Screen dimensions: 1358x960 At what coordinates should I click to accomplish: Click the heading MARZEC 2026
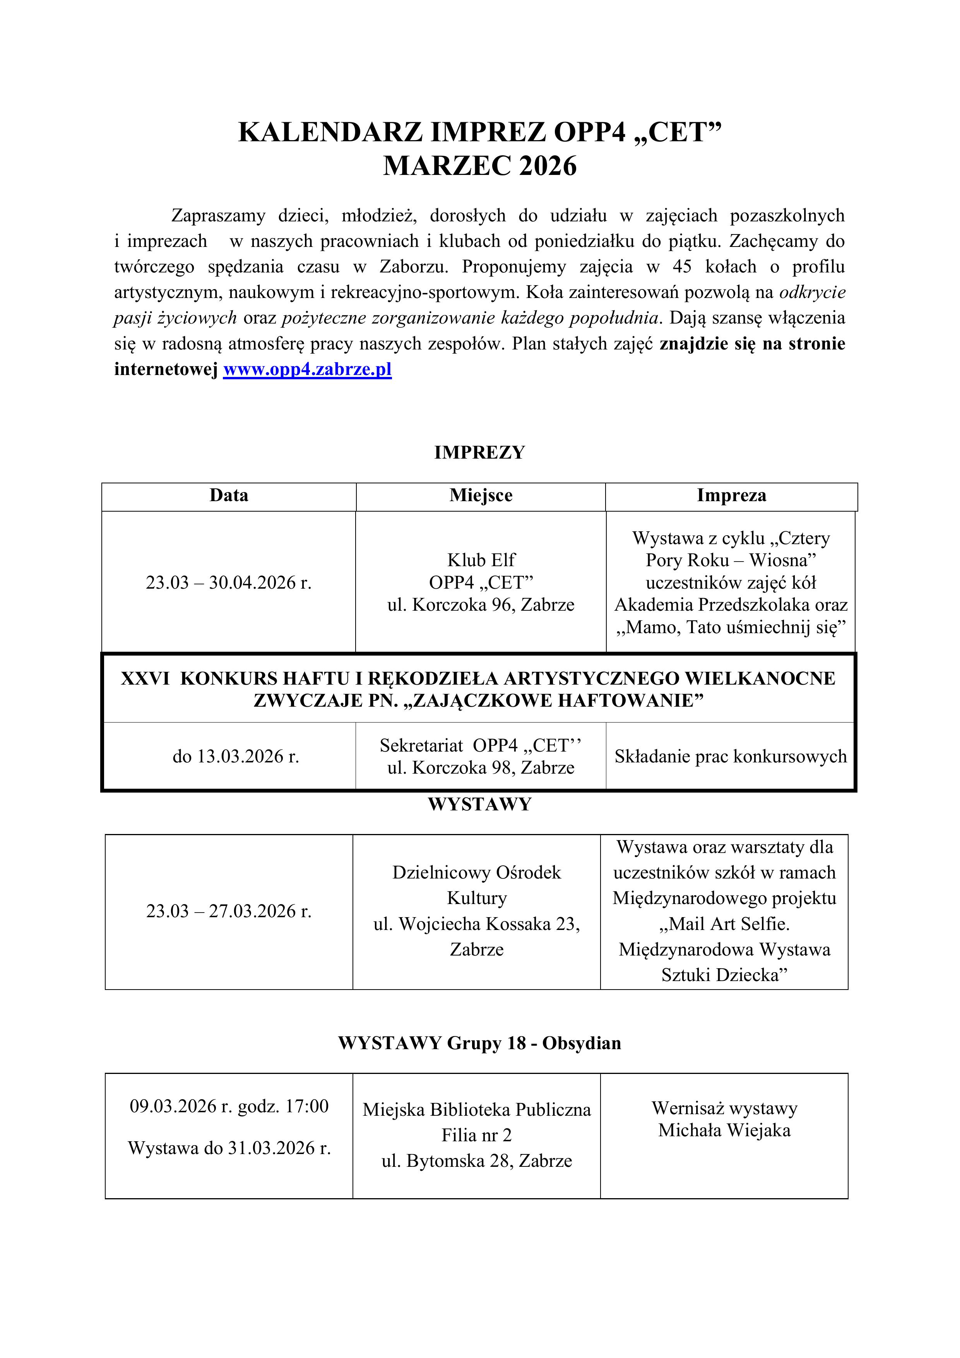point(480,166)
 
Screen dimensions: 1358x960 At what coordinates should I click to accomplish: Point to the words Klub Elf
point(481,560)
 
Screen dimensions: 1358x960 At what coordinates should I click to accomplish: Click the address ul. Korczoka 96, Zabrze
point(481,605)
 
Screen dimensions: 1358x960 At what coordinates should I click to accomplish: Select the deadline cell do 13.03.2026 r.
point(235,757)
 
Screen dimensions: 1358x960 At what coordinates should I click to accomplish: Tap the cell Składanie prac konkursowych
point(731,757)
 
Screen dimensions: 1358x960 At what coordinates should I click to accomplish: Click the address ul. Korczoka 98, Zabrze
point(481,768)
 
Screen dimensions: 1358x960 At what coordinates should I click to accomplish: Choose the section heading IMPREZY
point(480,452)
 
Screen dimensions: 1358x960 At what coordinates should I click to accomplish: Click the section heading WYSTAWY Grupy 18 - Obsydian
point(480,1043)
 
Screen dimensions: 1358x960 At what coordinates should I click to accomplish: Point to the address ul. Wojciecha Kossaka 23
point(476,924)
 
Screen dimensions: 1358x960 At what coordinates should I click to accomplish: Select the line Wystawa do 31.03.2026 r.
point(229,1148)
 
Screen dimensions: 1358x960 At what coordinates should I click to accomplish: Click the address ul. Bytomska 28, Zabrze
point(476,1161)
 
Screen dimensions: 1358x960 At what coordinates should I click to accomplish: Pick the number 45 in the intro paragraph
point(681,267)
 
